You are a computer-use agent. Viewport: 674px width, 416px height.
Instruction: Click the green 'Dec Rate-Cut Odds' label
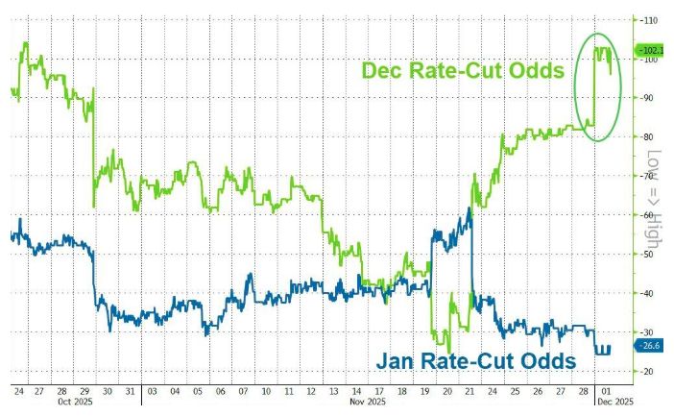[462, 71]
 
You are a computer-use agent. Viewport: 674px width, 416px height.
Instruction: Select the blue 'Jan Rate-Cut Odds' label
[474, 360]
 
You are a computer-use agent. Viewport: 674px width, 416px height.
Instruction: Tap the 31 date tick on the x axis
[132, 392]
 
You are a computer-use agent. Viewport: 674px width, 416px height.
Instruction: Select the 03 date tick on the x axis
[153, 392]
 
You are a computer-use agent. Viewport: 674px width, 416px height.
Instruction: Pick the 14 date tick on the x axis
[355, 392]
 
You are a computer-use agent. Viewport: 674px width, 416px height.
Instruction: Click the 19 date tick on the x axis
[423, 392]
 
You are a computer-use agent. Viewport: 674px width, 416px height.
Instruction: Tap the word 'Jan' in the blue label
[394, 360]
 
